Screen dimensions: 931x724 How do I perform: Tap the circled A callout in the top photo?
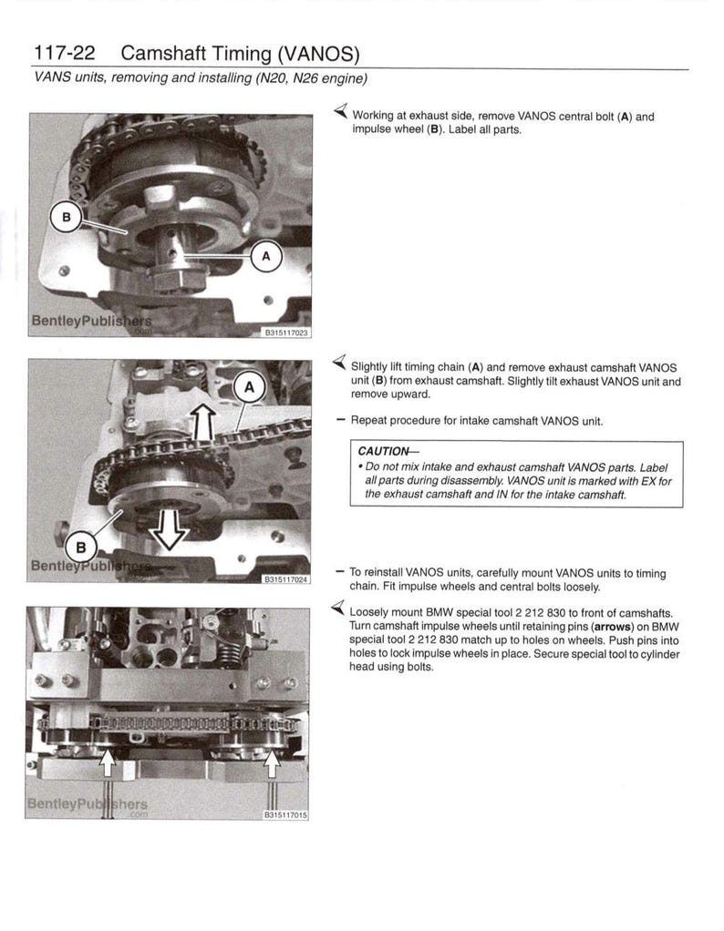point(266,257)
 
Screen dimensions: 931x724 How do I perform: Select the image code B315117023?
point(286,333)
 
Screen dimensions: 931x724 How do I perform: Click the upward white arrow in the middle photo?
point(203,424)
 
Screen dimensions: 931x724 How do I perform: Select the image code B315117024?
point(286,578)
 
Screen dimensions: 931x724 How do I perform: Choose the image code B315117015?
point(286,815)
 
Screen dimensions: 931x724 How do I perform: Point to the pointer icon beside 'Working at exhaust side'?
point(339,114)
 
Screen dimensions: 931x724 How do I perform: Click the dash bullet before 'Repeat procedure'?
point(340,421)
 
